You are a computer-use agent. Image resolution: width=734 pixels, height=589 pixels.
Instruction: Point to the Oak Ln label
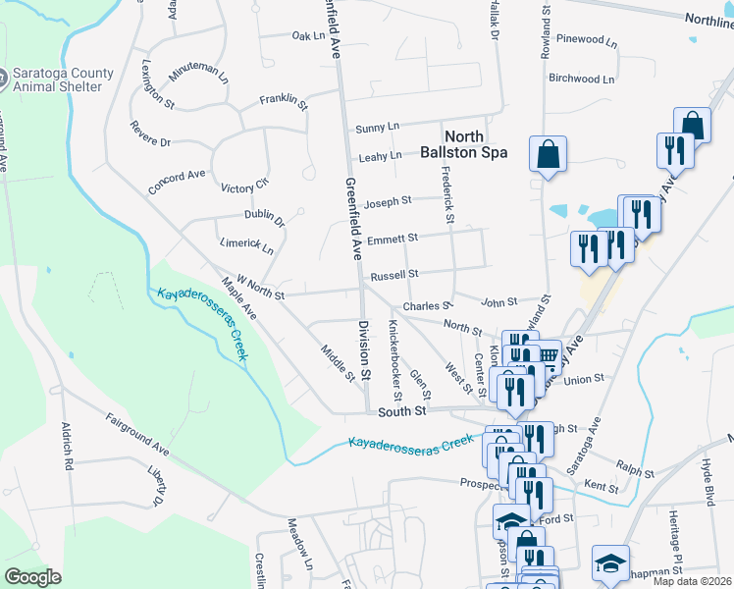(307, 36)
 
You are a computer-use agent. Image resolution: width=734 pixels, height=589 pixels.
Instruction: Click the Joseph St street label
(388, 203)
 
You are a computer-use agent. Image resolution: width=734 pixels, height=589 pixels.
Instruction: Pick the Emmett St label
(393, 239)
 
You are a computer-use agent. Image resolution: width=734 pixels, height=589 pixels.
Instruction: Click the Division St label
(363, 349)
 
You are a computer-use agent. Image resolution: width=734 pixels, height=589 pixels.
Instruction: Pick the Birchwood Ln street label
(582, 79)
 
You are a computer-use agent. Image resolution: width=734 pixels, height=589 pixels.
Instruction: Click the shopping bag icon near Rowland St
(548, 154)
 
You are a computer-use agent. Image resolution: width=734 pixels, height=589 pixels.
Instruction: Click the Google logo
(32, 577)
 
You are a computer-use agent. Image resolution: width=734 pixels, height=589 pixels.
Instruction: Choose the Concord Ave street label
(177, 182)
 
